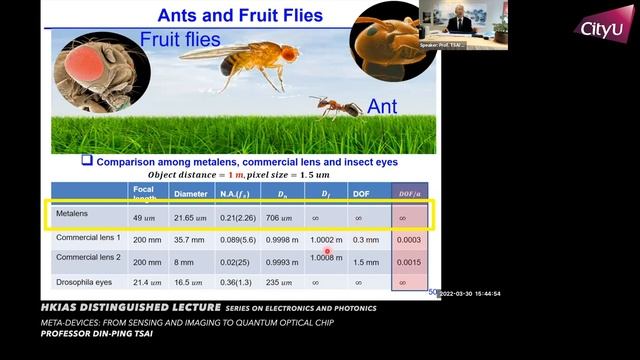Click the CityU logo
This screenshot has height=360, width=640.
tap(607, 28)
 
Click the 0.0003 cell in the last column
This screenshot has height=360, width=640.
tap(409, 240)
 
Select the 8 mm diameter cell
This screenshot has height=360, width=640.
tap(187, 261)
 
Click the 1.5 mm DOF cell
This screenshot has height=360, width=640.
tap(364, 261)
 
